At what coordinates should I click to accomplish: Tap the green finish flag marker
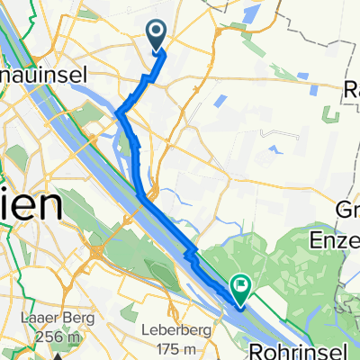coord(241,288)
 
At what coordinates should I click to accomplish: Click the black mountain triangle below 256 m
coord(58,355)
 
